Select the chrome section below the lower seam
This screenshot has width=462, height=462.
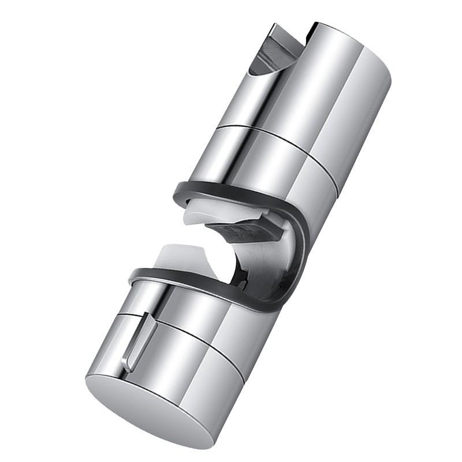coord(191,375)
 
